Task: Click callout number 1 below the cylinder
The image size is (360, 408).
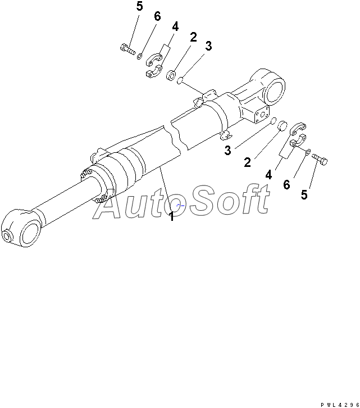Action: (171, 216)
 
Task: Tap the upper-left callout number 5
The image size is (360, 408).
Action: (140, 7)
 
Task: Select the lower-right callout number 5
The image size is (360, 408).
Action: (304, 194)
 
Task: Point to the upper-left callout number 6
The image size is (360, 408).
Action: (157, 16)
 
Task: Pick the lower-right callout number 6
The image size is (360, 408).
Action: (286, 185)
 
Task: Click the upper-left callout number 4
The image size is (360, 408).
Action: (175, 26)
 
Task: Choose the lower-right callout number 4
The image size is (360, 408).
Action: (268, 175)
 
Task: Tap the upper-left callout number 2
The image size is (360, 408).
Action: (193, 37)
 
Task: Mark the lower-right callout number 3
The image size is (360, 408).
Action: (227, 150)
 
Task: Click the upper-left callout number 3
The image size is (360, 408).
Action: (208, 46)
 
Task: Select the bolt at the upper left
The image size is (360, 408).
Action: (127, 49)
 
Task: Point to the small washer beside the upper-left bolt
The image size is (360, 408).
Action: (140, 56)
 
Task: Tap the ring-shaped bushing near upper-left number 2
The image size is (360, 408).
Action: (171, 75)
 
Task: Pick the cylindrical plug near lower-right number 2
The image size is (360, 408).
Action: (282, 126)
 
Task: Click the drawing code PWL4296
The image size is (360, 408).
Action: (340, 405)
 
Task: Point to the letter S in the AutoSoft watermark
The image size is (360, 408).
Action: (202, 201)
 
